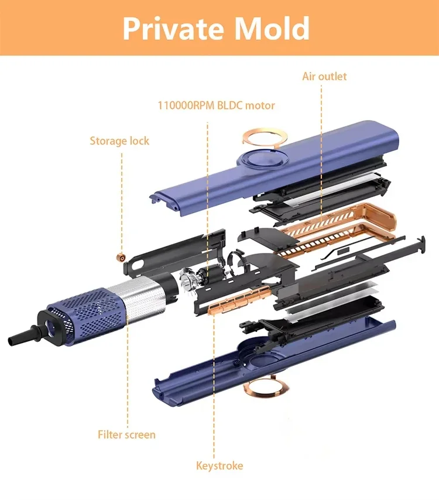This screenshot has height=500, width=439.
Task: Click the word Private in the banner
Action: pos(173,28)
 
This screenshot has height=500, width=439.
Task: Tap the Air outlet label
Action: pos(324,77)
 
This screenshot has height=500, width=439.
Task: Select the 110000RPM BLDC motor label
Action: pos(216,105)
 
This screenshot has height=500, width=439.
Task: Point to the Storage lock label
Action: pos(119,141)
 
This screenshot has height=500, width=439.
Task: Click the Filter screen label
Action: pos(126,434)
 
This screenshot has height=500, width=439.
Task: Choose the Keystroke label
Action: pos(220,465)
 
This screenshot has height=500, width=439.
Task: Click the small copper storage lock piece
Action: pos(121,257)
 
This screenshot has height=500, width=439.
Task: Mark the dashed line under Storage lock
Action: pos(122,201)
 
